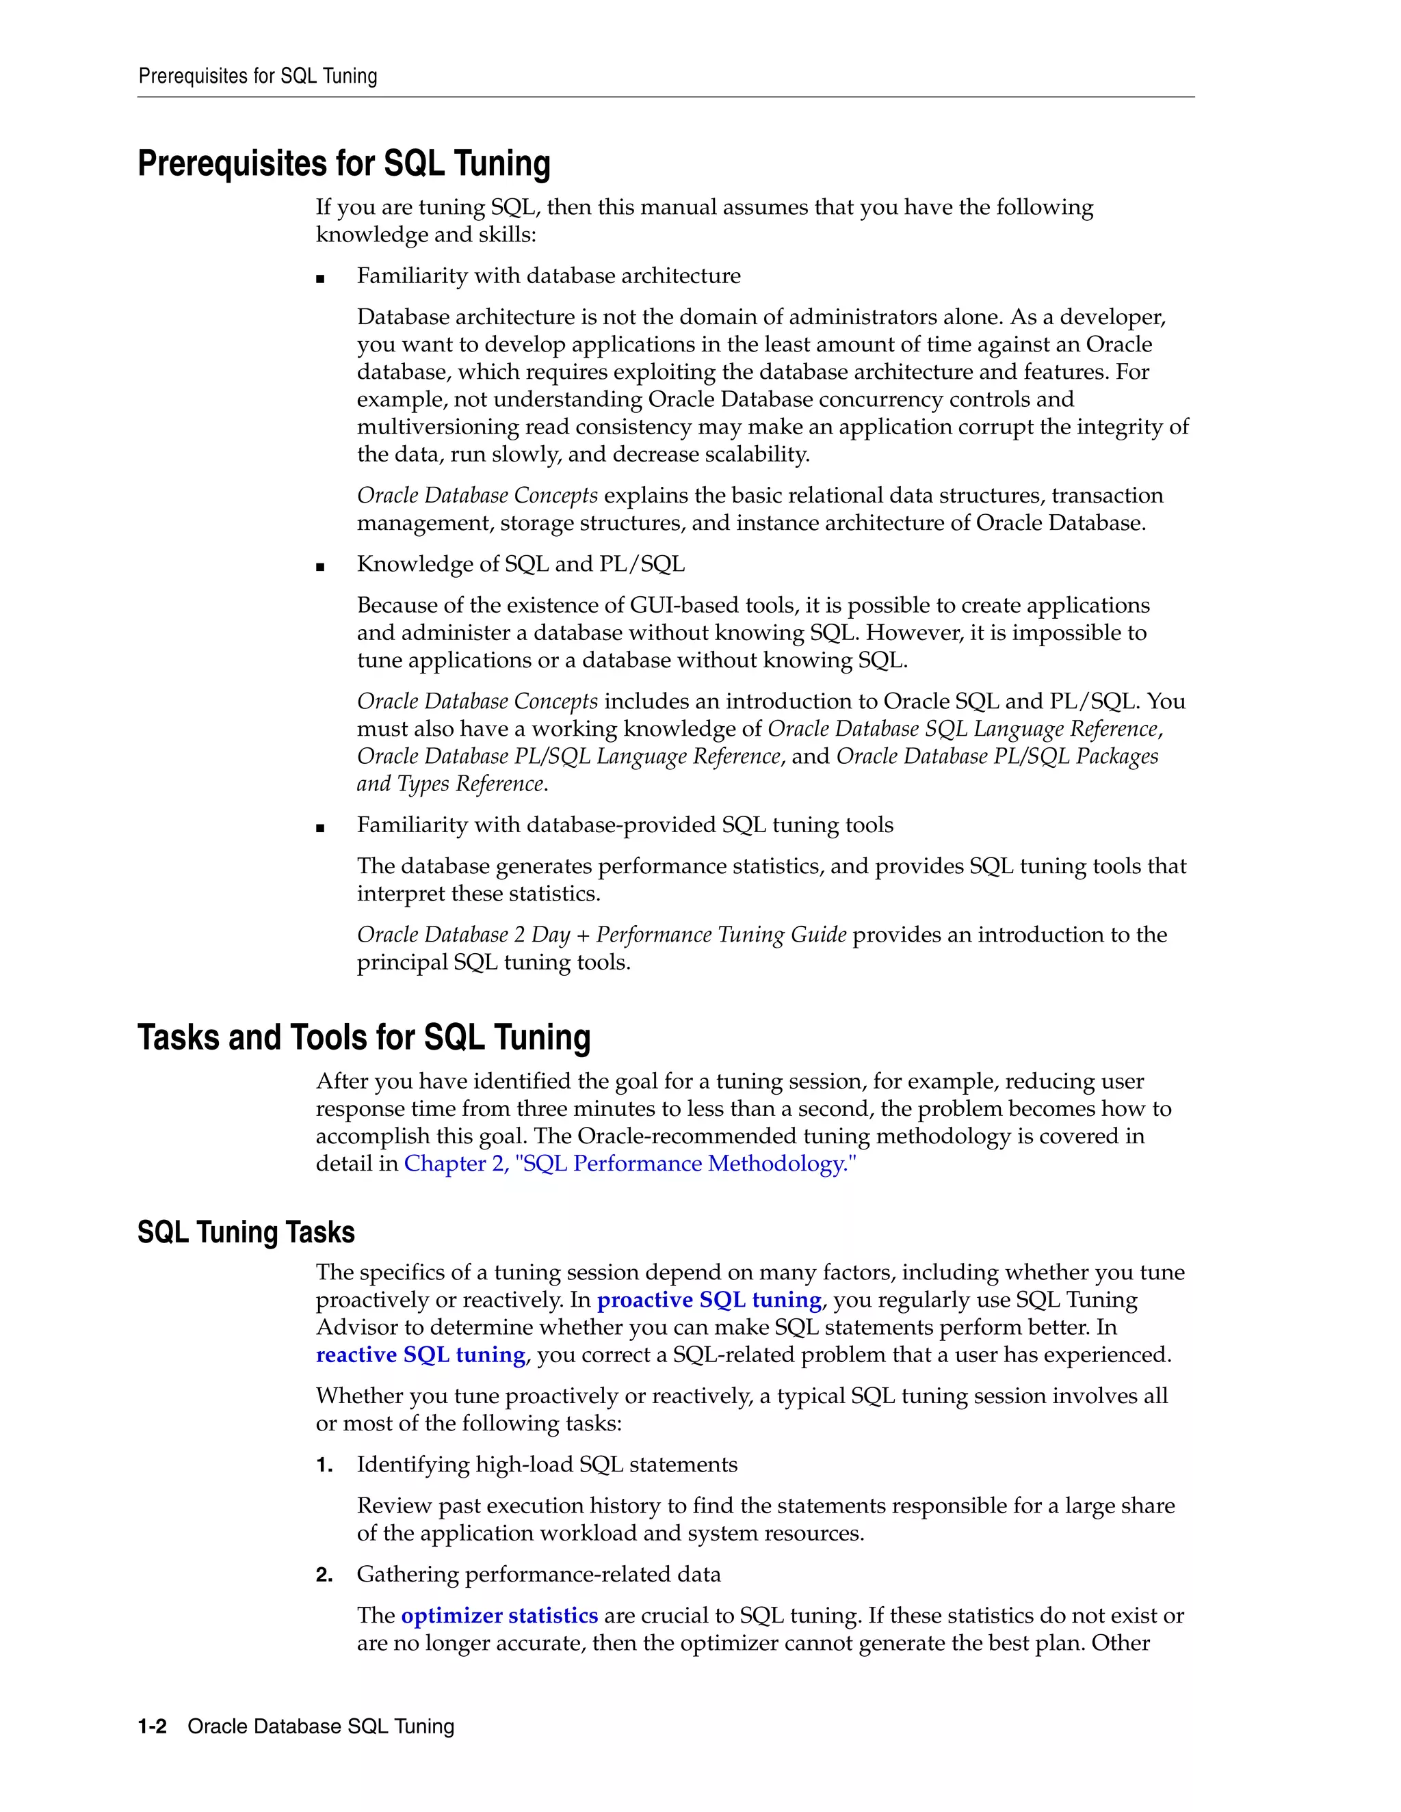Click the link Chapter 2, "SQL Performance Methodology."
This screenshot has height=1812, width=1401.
(629, 1163)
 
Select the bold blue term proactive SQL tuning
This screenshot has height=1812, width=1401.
(709, 1299)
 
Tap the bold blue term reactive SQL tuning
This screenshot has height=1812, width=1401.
(420, 1354)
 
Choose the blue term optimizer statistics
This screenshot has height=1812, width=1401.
(499, 1615)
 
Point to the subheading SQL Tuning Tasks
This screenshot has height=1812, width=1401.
(246, 1232)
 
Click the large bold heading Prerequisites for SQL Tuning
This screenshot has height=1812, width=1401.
(343, 163)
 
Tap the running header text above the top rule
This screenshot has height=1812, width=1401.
(257, 77)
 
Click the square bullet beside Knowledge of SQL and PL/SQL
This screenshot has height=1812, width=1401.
(320, 567)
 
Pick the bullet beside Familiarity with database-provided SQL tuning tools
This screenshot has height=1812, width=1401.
(320, 828)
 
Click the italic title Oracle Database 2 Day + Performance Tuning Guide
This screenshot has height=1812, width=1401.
(601, 934)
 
